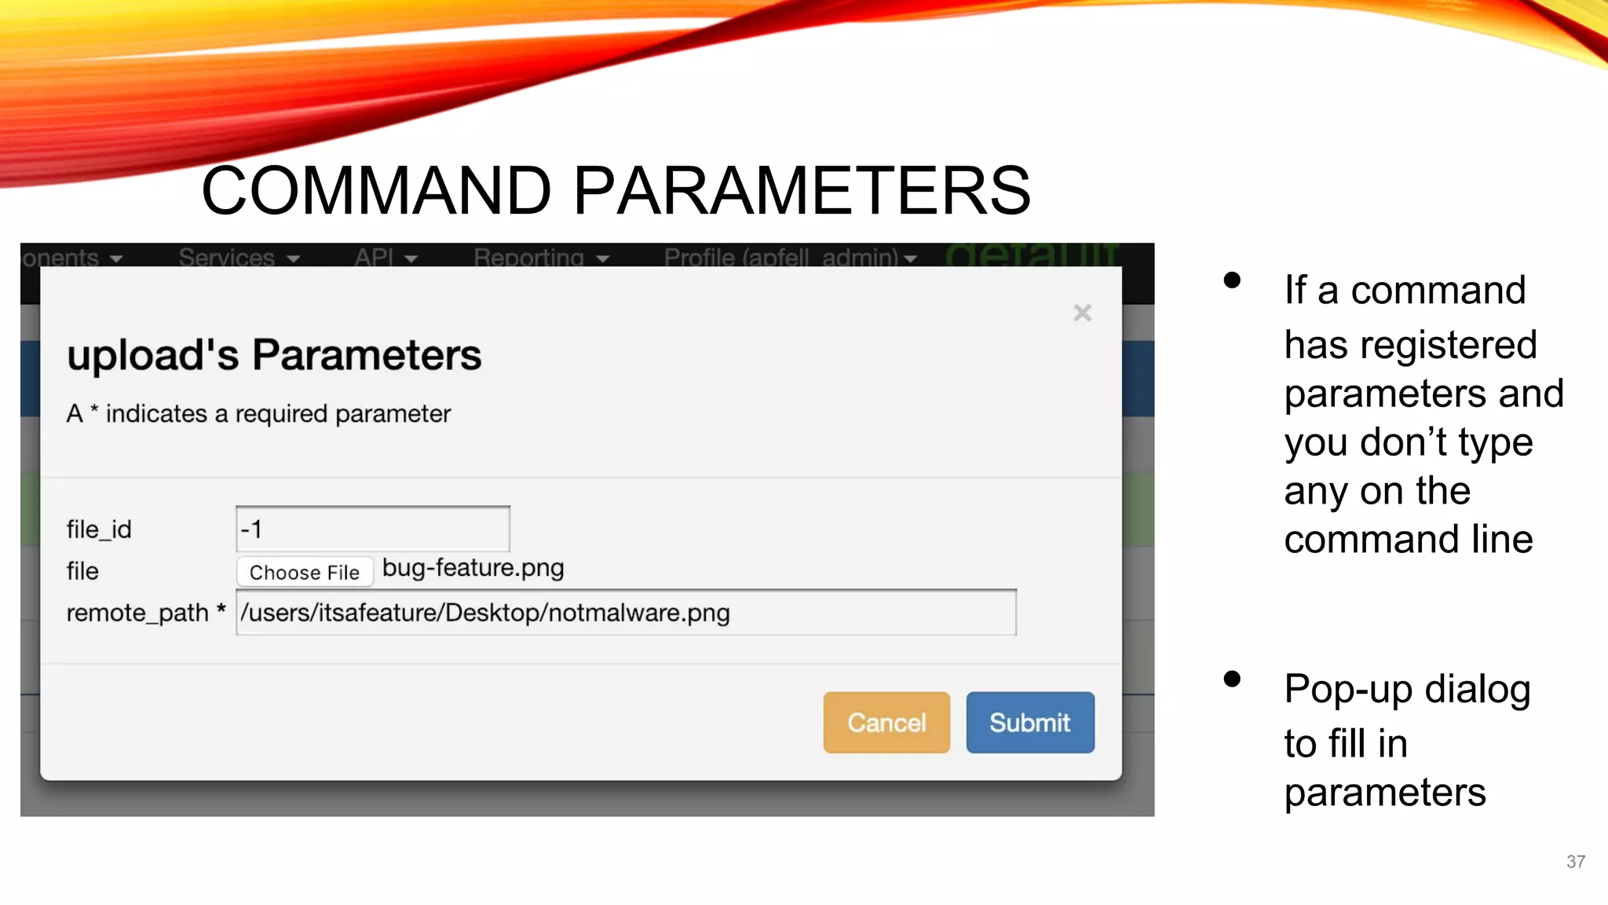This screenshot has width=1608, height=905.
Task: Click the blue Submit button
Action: click(x=1029, y=722)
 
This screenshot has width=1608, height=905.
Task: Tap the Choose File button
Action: click(x=305, y=572)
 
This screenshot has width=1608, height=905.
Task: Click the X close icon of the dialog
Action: click(x=1082, y=313)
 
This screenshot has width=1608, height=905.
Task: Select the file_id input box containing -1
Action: click(x=373, y=529)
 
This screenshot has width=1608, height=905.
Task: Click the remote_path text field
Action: click(x=626, y=612)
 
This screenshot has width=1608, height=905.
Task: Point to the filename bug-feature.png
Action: click(x=473, y=567)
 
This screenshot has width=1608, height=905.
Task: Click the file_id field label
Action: click(x=99, y=529)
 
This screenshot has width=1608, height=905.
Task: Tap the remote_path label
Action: click(x=137, y=613)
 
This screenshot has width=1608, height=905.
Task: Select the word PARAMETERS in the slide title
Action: click(x=802, y=190)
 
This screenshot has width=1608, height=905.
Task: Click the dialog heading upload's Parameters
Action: click(x=274, y=354)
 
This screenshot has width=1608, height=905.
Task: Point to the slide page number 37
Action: click(x=1575, y=861)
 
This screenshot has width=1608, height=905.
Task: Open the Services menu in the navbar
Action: click(x=239, y=258)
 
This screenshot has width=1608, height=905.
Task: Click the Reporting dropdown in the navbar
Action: click(x=541, y=258)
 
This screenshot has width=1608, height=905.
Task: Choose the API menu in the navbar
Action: click(x=385, y=258)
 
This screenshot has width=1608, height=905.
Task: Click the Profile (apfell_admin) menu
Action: click(x=790, y=258)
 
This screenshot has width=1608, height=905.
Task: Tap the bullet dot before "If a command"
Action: click(x=1232, y=280)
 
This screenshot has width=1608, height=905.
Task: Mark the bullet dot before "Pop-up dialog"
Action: click(x=1232, y=679)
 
